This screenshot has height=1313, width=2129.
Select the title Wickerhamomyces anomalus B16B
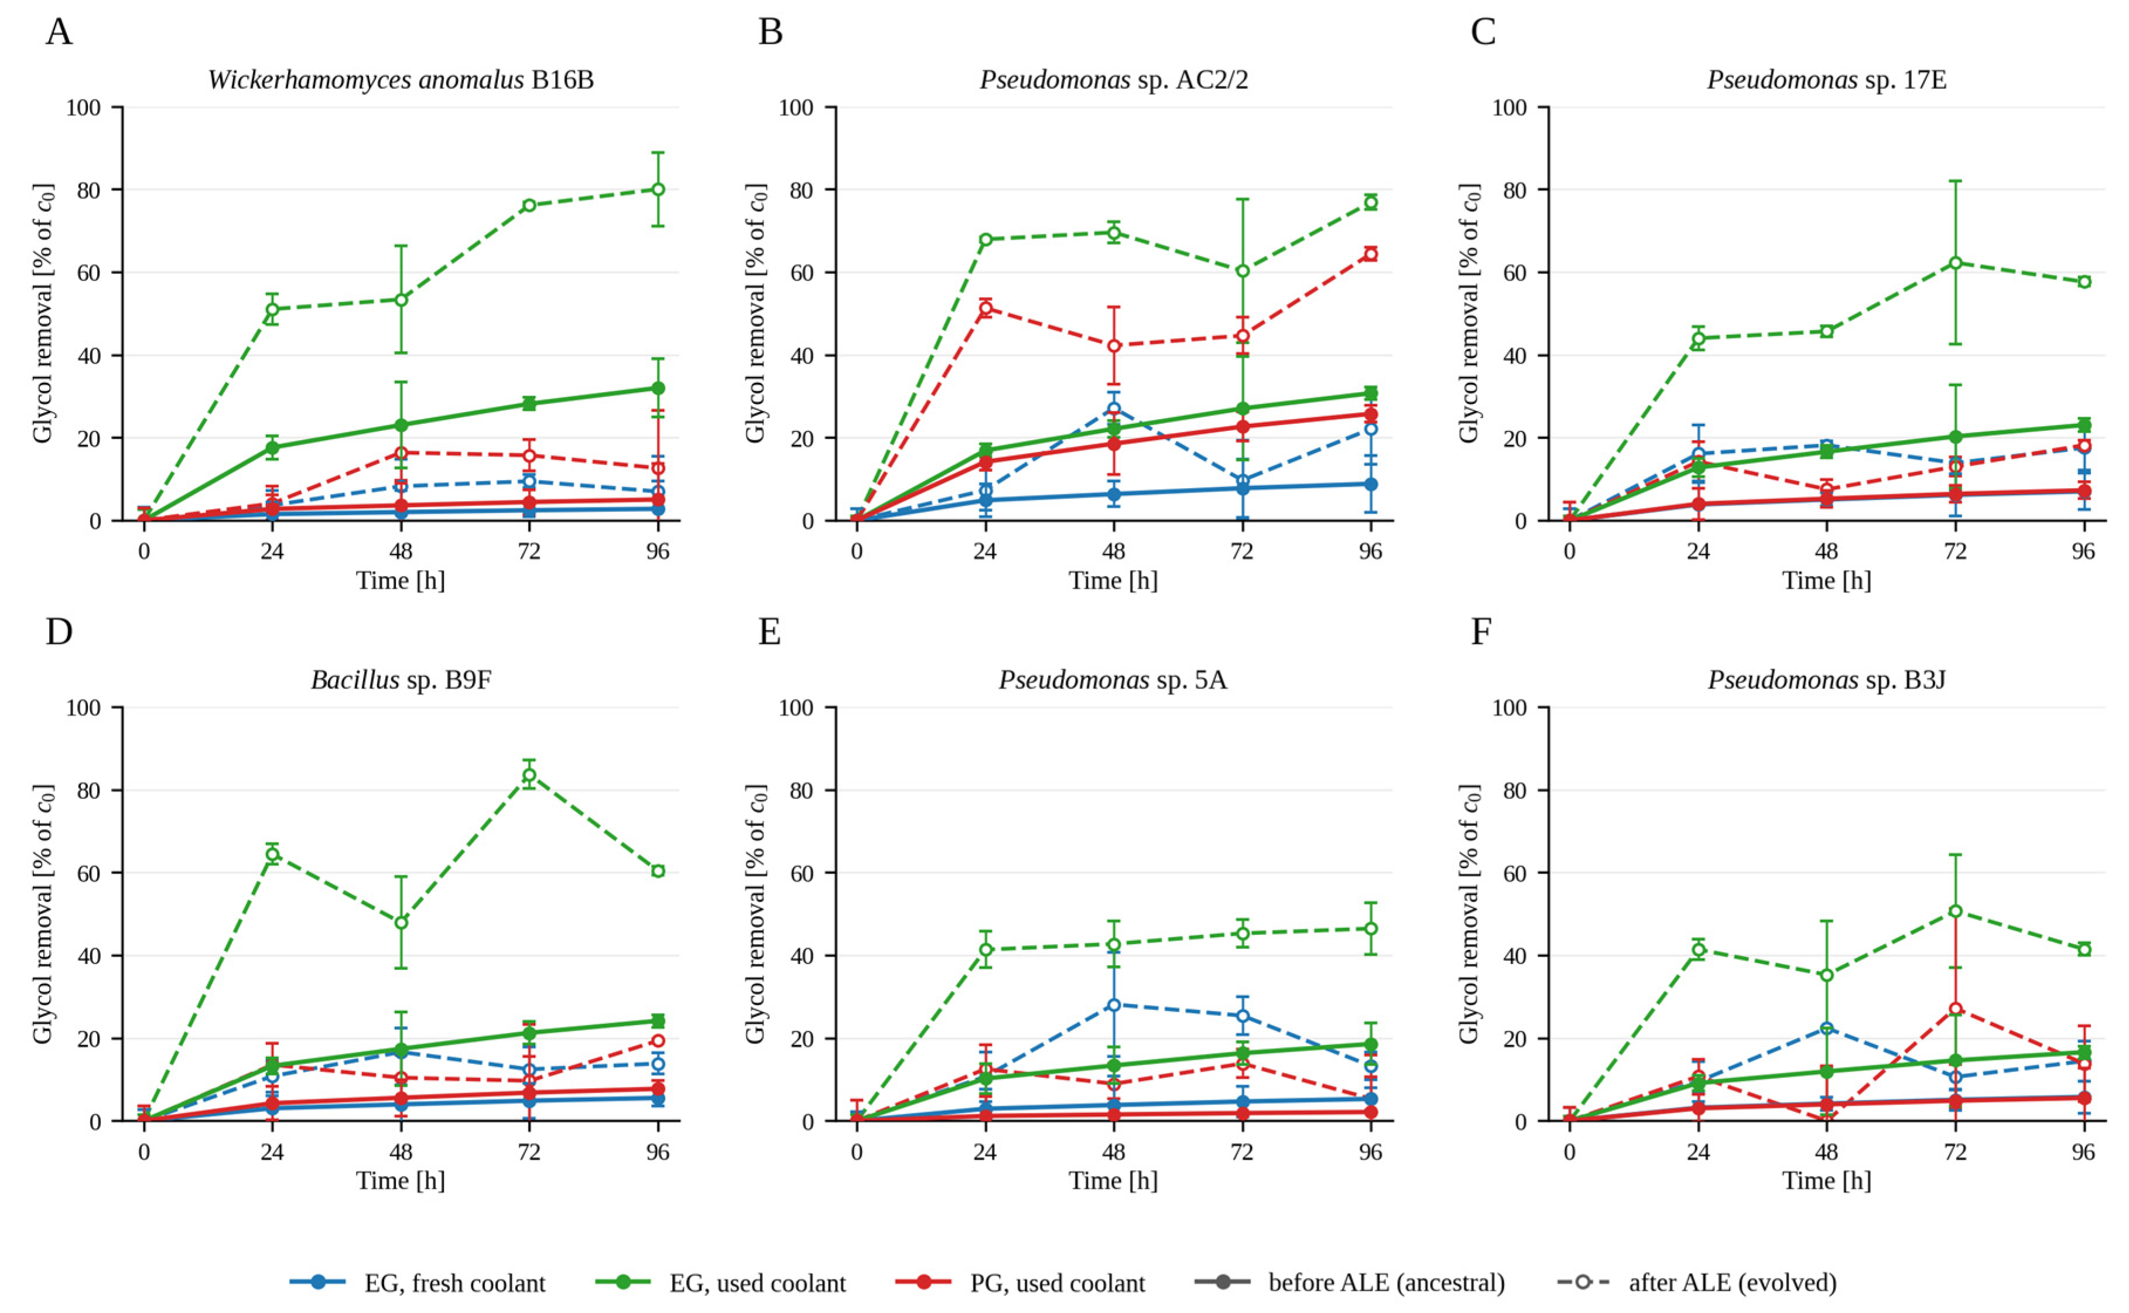point(401,80)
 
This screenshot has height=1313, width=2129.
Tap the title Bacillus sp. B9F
point(401,680)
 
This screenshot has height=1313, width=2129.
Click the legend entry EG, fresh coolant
point(418,1282)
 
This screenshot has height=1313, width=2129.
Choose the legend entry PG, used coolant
point(1020,1282)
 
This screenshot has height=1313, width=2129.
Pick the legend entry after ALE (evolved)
point(1697,1282)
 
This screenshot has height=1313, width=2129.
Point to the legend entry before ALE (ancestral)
point(1350,1282)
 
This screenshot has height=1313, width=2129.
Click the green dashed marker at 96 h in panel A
point(658,189)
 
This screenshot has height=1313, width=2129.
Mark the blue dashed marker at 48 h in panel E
point(1114,1005)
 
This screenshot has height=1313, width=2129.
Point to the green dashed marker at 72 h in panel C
point(1955,262)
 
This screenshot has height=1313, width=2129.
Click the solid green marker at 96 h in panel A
point(658,388)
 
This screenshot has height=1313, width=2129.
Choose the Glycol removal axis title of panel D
point(43,914)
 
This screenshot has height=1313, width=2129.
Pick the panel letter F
point(1480,632)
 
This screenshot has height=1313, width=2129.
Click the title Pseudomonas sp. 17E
point(1826,80)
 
